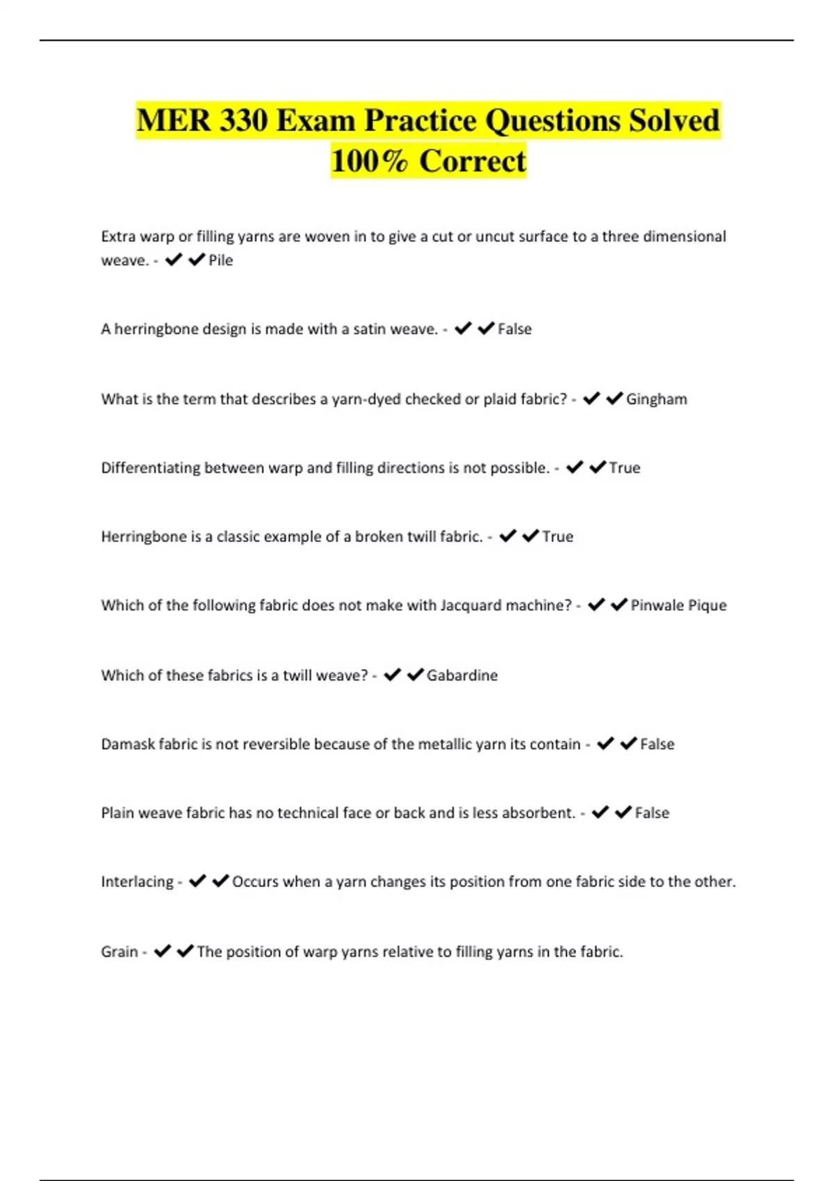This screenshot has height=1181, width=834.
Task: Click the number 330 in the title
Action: tap(243, 120)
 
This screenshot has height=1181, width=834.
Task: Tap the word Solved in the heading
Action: tap(674, 120)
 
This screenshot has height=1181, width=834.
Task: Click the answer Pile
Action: tap(221, 261)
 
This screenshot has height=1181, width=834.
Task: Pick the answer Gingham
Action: tap(656, 399)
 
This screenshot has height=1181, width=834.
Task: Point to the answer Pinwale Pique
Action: tap(678, 606)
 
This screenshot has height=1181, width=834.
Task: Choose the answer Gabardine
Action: tap(462, 675)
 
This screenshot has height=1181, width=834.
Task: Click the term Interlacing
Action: tap(137, 882)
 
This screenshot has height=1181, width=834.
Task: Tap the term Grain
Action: tap(120, 952)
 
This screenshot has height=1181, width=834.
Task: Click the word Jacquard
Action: tap(471, 606)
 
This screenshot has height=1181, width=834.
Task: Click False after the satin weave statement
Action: tap(514, 329)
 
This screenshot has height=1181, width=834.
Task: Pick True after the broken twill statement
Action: tap(557, 537)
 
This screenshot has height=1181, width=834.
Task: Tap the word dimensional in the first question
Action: tap(685, 237)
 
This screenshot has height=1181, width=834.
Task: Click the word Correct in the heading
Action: tap(473, 161)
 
